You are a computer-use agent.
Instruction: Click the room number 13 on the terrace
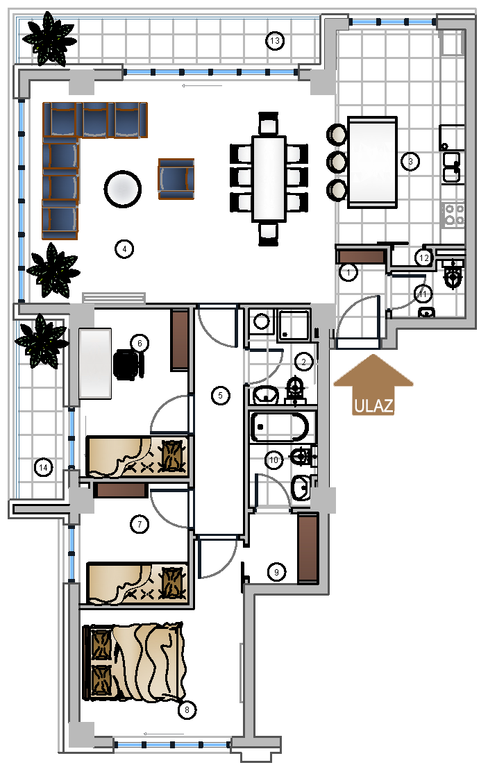click(275, 40)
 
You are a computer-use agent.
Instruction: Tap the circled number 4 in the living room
click(124, 249)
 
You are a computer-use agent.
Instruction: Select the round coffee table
click(123, 189)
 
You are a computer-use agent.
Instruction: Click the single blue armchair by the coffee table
click(176, 178)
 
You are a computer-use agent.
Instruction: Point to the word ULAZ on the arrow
click(374, 406)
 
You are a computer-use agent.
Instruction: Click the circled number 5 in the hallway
click(221, 396)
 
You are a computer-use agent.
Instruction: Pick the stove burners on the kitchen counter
click(454, 214)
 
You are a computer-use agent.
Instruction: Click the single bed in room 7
click(137, 583)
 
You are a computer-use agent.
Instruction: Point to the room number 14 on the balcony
click(44, 467)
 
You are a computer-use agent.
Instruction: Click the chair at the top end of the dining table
click(269, 124)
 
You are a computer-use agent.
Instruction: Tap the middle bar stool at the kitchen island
click(337, 162)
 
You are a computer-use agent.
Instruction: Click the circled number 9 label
click(276, 572)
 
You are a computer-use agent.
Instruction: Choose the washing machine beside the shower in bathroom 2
click(261, 322)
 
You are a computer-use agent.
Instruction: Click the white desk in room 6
click(95, 364)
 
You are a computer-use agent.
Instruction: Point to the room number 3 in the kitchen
click(410, 162)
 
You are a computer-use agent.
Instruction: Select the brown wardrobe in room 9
click(308, 548)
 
